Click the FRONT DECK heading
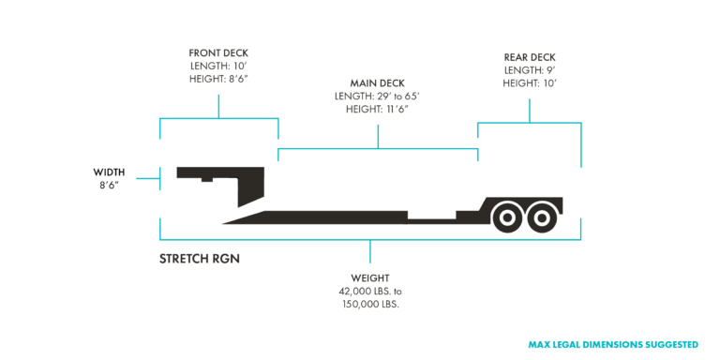(x=218, y=52)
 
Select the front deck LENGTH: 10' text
(x=218, y=67)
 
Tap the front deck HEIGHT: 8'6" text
(x=218, y=81)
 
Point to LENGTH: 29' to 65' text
(x=378, y=96)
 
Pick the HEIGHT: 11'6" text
(x=378, y=110)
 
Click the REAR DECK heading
(x=530, y=56)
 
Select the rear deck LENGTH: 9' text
(x=530, y=70)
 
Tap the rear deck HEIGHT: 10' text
(x=530, y=84)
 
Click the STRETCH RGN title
(x=200, y=256)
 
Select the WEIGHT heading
(x=369, y=278)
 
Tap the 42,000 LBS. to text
(x=369, y=292)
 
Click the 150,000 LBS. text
(x=369, y=305)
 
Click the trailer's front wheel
(x=507, y=217)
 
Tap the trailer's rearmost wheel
(x=541, y=217)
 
